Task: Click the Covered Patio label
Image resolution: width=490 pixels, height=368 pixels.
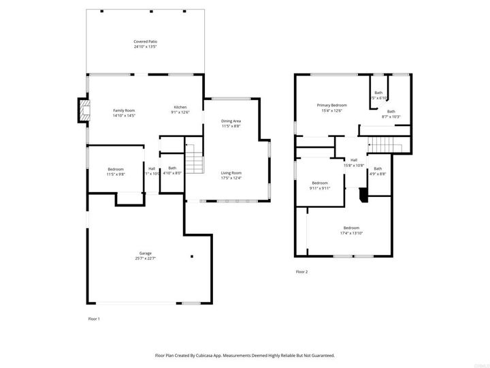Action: pos(144,42)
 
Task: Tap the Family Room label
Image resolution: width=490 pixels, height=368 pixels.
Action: pos(124,110)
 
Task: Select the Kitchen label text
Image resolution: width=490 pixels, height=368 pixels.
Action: pos(180,107)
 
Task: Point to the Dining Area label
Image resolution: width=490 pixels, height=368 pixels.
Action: pos(231,121)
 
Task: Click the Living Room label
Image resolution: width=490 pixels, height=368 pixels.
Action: pos(231,173)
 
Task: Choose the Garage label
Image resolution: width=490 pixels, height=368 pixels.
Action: pos(146,252)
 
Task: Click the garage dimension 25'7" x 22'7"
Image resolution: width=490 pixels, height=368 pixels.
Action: pos(146,258)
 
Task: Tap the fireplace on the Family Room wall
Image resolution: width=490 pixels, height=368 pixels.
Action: pos(84,110)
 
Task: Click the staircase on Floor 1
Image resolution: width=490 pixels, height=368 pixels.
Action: pos(195,161)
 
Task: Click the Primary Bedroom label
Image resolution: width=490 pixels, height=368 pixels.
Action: pos(332,105)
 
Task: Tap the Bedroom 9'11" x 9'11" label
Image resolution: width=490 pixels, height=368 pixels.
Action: pos(320,183)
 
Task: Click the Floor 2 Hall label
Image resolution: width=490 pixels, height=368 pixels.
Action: pos(354,160)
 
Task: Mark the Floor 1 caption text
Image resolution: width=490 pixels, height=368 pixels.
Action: pos(94,319)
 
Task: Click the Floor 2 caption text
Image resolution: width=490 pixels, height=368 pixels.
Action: pos(301,272)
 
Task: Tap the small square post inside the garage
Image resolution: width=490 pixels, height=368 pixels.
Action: pos(192,257)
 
